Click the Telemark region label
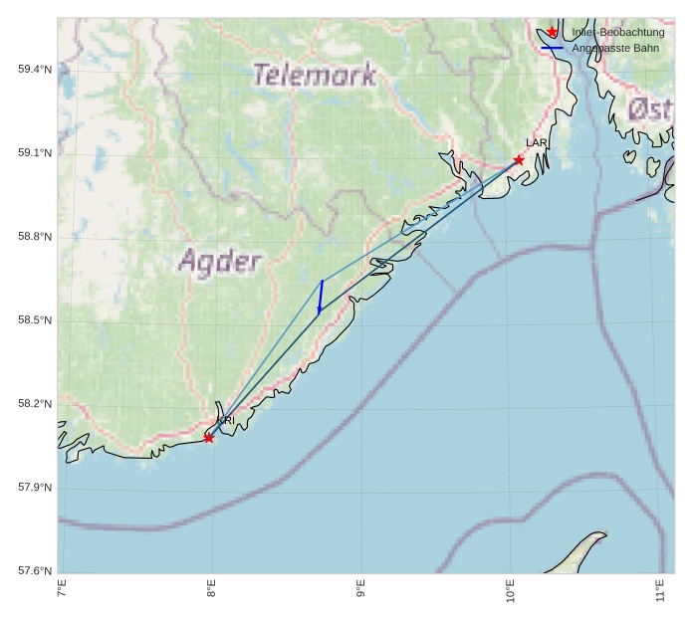[x=314, y=75]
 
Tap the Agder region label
[x=220, y=262]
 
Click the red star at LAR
[x=519, y=160]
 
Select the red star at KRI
[x=209, y=438]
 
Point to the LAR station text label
[x=537, y=143]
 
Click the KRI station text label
[x=226, y=421]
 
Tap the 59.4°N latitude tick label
[x=35, y=69]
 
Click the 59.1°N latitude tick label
[x=35, y=152]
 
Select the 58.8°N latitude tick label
[x=35, y=236]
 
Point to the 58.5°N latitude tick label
[x=35, y=319]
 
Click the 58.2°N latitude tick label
[x=35, y=403]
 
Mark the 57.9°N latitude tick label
[x=35, y=487]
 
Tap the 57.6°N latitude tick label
[x=35, y=570]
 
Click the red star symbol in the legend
[x=553, y=33]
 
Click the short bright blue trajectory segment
[x=321, y=297]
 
